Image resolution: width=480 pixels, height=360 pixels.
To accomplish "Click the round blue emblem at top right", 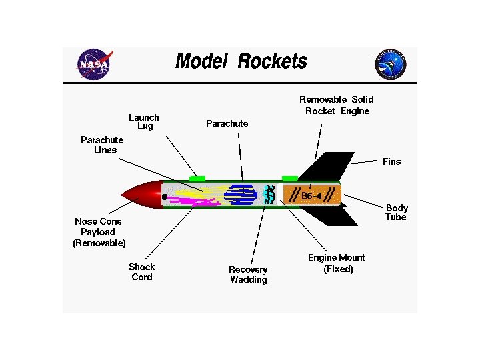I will point(391,65).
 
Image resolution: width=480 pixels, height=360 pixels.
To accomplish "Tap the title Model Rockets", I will point(241,62).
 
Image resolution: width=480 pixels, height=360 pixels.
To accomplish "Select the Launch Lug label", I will point(144,121).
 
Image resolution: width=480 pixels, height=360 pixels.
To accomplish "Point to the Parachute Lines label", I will point(102,145).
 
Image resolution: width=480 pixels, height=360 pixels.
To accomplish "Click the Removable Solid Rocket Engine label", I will point(337,105).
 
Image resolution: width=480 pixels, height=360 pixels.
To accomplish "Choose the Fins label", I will point(391,161).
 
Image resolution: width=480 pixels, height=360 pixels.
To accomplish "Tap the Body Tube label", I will point(396,213).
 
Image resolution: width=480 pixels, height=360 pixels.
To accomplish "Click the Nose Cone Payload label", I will point(99,232).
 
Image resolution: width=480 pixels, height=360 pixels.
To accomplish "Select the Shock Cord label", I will point(142,272).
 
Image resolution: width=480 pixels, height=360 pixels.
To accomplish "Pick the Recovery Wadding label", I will point(248,275).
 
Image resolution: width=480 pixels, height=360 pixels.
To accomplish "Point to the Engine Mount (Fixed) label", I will point(337,263).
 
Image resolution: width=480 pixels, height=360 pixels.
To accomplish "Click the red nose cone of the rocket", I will point(142,194).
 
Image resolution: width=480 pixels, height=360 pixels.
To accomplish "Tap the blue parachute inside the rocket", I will point(240,194).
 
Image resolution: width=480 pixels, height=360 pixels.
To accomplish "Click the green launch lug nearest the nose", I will point(197,178).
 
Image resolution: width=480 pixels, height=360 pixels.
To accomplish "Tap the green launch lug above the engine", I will point(289,178).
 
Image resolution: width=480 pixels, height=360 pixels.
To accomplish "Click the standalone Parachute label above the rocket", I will point(227,123).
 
